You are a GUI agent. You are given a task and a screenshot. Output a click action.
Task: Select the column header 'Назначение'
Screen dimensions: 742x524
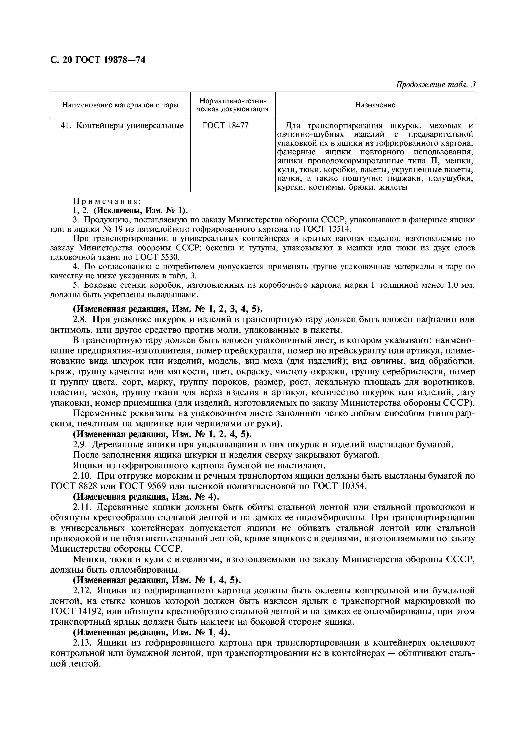pos(375,105)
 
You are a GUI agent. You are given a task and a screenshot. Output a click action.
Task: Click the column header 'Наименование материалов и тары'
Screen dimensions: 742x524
pos(120,105)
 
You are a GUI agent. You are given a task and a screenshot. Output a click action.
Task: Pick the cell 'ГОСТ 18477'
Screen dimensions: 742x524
pos(225,126)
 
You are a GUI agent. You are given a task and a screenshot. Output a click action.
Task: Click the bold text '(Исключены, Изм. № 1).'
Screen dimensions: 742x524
pos(140,210)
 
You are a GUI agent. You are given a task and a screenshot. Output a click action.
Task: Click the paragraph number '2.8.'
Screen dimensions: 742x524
pos(81,320)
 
